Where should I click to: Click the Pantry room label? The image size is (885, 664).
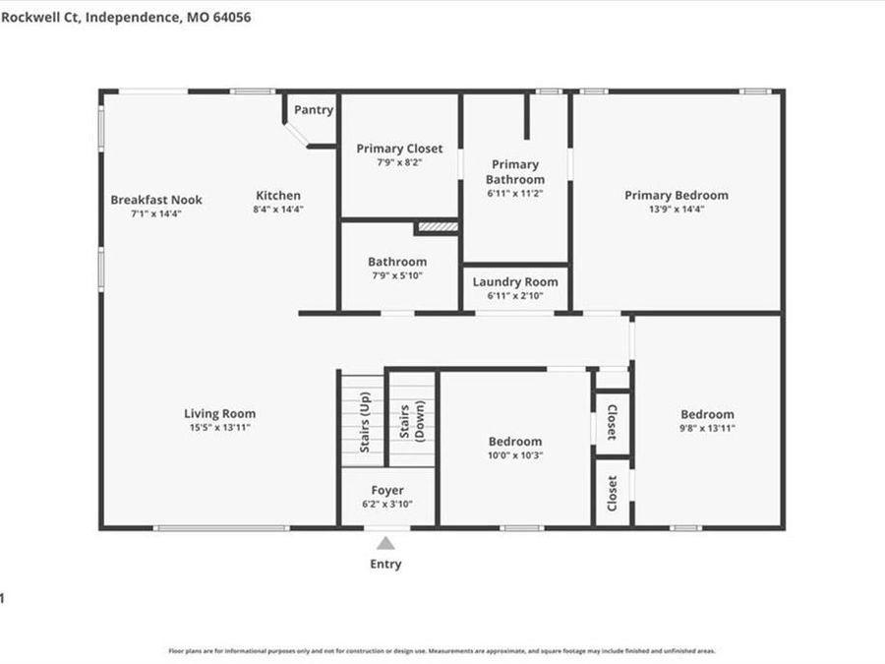tap(314, 110)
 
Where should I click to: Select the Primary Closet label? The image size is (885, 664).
tap(399, 149)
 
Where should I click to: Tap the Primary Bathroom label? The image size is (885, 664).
tap(515, 172)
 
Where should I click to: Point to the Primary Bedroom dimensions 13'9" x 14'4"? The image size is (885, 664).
tap(677, 209)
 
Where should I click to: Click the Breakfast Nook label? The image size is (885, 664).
tap(156, 200)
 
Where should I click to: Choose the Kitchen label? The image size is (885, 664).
tap(278, 196)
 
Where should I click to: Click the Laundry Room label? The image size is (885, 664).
tap(515, 282)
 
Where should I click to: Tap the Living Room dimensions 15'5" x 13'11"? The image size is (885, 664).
tap(219, 428)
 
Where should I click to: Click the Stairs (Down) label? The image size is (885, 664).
tap(412, 421)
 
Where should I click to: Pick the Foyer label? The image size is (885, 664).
tap(387, 491)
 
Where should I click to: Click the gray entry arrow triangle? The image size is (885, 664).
tap(386, 543)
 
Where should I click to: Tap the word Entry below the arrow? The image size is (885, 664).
tap(385, 565)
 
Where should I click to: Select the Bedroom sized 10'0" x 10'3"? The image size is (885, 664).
tap(515, 443)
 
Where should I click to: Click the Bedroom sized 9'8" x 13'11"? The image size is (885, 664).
tap(707, 415)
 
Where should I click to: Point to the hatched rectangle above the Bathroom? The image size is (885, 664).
tap(438, 227)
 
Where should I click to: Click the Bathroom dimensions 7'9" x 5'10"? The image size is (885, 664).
tap(397, 275)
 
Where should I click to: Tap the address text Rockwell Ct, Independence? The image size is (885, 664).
tap(119, 17)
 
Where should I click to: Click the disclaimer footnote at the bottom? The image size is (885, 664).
tap(442, 651)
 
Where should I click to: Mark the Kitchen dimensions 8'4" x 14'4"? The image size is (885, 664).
tap(278, 210)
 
